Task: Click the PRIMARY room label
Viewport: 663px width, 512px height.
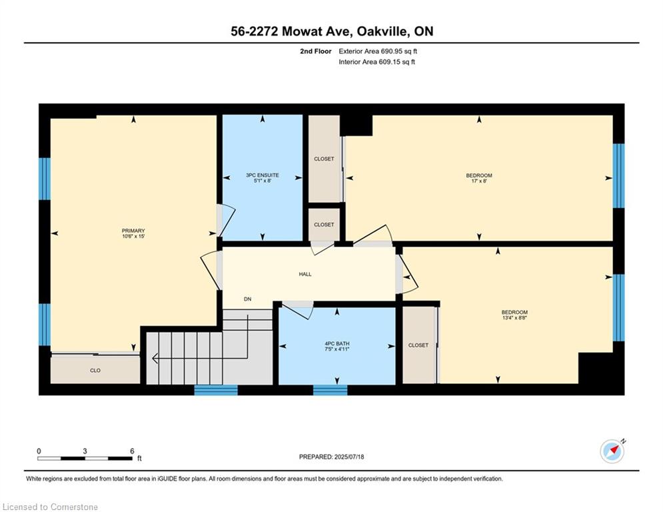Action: tap(133, 231)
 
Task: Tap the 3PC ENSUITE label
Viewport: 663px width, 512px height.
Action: tap(262, 175)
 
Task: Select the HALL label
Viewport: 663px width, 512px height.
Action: tap(305, 274)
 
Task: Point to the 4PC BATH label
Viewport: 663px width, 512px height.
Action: tap(336, 344)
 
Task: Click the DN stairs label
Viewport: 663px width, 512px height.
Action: tap(247, 299)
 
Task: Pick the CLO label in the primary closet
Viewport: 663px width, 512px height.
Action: tap(95, 370)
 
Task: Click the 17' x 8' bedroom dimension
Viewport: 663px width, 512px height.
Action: tap(479, 182)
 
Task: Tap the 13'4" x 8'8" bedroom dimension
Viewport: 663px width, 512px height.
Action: tap(514, 319)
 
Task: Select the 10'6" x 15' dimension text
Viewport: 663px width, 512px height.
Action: tap(133, 237)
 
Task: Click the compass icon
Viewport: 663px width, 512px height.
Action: tap(612, 451)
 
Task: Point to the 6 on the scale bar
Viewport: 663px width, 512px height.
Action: tap(132, 451)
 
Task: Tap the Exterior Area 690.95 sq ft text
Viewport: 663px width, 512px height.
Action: tap(378, 51)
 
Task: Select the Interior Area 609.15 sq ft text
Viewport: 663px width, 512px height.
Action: tap(377, 62)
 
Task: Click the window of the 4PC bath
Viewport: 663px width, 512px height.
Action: tap(330, 390)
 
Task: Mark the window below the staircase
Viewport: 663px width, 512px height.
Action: tap(216, 390)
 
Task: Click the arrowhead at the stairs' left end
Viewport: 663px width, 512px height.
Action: tap(155, 359)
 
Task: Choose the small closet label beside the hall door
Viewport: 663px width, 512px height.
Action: tap(324, 225)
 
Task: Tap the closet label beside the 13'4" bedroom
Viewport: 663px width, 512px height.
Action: tap(418, 345)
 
